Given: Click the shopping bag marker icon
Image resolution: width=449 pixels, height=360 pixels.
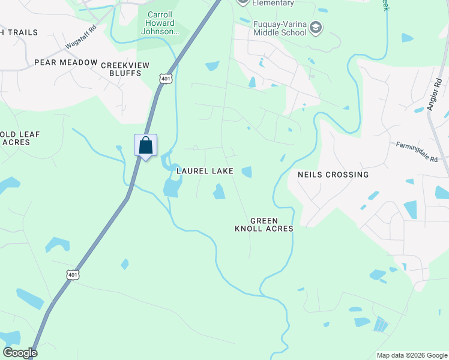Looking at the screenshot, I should tap(145, 145).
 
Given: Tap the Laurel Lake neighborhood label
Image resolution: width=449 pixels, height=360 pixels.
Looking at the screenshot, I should tap(205, 171).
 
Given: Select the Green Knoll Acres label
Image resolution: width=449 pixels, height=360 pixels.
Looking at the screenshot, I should tap(264, 224).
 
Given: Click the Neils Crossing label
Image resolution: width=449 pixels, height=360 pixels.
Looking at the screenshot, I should tap(333, 175).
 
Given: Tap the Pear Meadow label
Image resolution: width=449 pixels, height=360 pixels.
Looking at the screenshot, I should tap(65, 62).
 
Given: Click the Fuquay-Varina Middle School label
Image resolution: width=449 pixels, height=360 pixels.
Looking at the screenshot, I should tap(280, 28).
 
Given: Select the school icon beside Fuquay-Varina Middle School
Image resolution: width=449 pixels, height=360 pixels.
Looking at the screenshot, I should tap(316, 27).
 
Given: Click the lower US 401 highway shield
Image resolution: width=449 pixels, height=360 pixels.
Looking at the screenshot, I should tap(72, 274).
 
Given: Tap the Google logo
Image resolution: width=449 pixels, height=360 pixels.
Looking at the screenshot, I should tap(20, 353).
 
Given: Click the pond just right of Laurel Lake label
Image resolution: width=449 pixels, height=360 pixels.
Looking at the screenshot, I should tap(246, 172).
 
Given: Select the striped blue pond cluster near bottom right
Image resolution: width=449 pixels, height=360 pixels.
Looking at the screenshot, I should tap(380, 324).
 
